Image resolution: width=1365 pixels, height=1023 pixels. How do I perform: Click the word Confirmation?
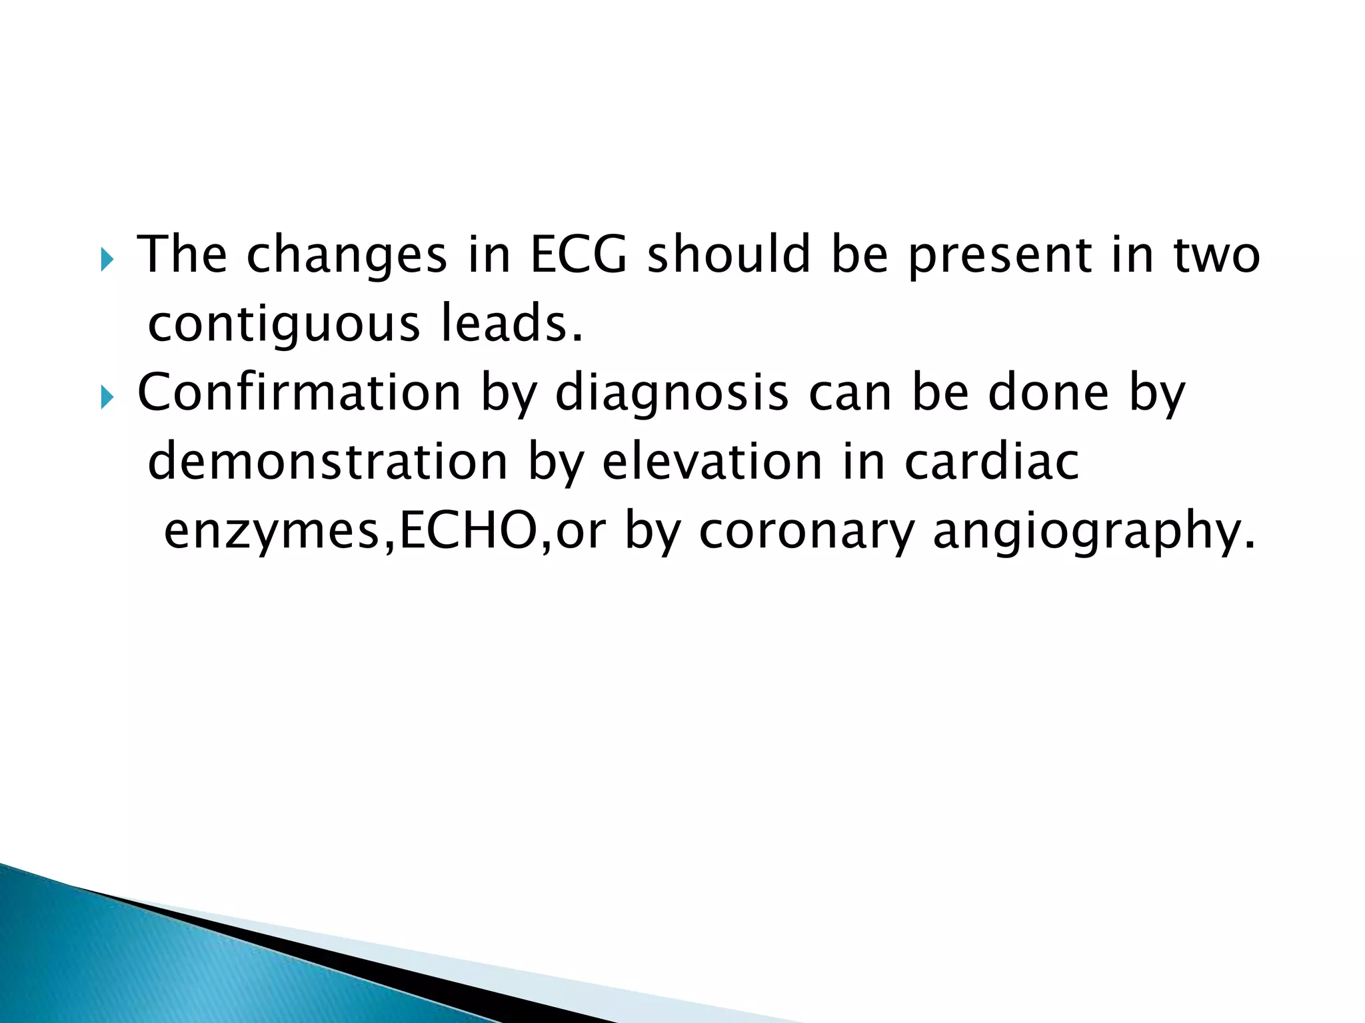[x=299, y=393]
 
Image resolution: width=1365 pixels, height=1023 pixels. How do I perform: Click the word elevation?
[x=712, y=462]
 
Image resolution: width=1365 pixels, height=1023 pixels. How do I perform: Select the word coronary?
[x=806, y=533]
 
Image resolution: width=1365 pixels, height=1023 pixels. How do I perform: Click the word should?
[x=728, y=254]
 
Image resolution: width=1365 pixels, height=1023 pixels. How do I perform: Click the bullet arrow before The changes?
[x=107, y=260]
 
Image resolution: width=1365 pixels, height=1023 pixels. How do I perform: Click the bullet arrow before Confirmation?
[x=107, y=398]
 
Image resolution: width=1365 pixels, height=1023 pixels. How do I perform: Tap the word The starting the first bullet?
[x=182, y=254]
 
